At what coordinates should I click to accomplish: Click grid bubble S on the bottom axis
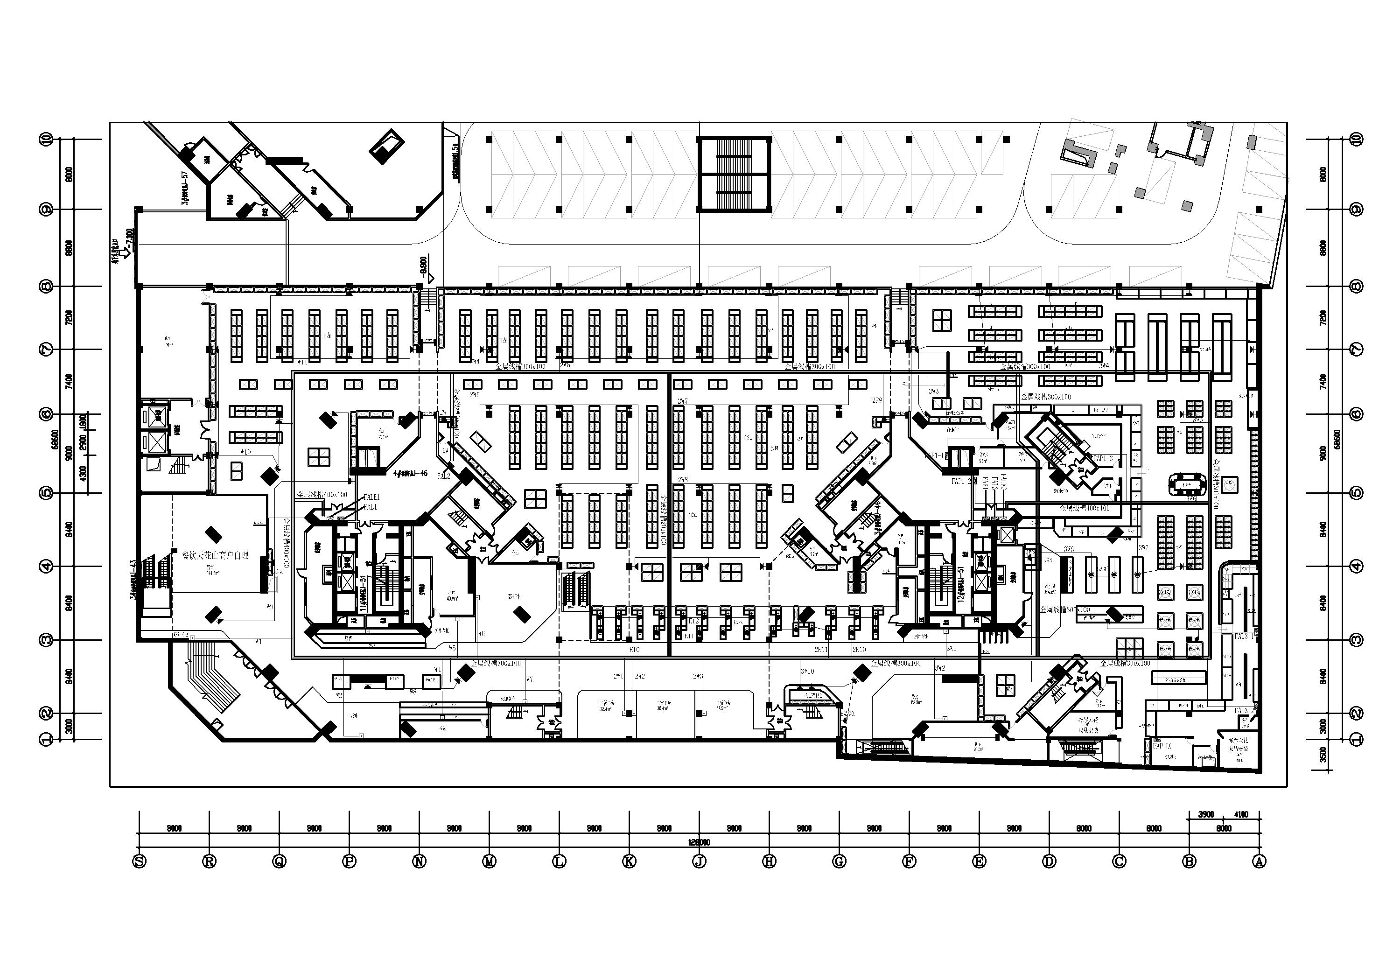click(140, 862)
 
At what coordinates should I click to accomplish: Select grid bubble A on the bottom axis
click(1259, 862)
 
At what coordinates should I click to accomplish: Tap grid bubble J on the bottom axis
click(699, 862)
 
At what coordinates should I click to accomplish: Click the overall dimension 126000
click(699, 842)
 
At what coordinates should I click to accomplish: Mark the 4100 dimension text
click(1241, 814)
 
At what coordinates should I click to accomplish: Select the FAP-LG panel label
click(1162, 746)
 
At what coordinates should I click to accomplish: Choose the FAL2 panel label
click(444, 476)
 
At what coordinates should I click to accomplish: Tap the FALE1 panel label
click(371, 497)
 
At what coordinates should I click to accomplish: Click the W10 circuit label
click(245, 452)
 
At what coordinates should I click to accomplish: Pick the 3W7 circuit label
click(1143, 548)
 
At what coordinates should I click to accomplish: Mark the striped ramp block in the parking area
click(734, 174)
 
